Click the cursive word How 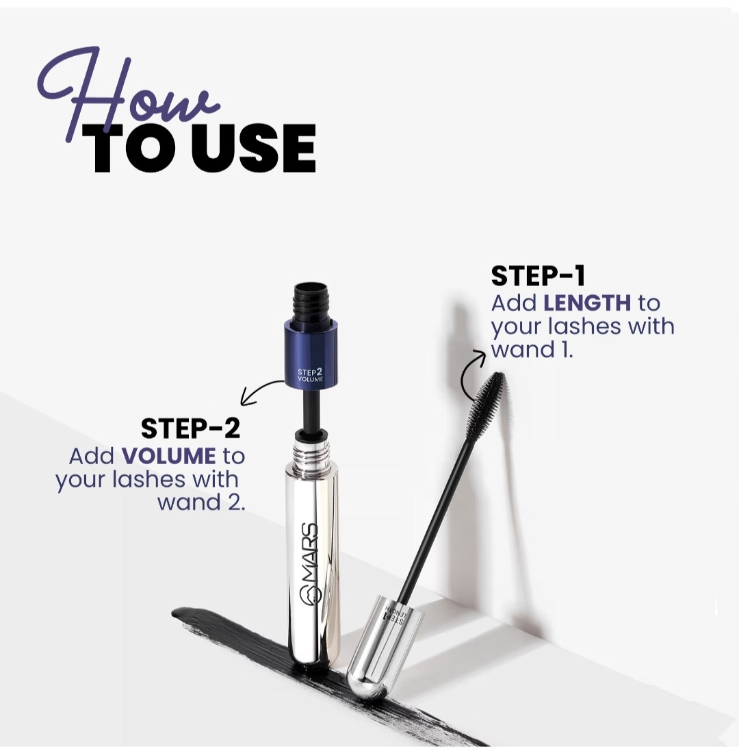tap(127, 96)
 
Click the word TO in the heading tap(136, 148)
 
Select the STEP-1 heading tap(538, 276)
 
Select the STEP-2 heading tap(190, 429)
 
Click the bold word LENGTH tap(587, 303)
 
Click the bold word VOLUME tap(168, 456)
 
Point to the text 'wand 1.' tap(532, 350)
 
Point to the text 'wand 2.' tap(201, 502)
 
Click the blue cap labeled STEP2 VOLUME tap(310, 353)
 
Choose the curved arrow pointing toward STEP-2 tap(259, 390)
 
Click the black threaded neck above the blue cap tap(310, 302)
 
